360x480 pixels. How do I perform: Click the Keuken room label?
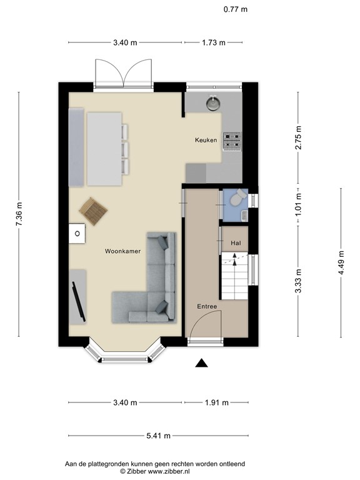pos(206,141)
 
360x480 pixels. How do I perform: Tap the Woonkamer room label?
pos(122,251)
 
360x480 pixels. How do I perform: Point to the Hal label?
pos(236,243)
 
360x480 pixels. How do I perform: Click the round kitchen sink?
pos(214,102)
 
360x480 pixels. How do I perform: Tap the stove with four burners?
pos(232,141)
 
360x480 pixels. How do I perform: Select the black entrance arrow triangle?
pos(201,363)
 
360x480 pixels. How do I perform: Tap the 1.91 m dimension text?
pos(216,402)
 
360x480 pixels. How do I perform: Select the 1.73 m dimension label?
pos(214,42)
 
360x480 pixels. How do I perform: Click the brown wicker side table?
pos(94,211)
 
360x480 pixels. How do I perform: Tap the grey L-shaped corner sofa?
pos(150,287)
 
